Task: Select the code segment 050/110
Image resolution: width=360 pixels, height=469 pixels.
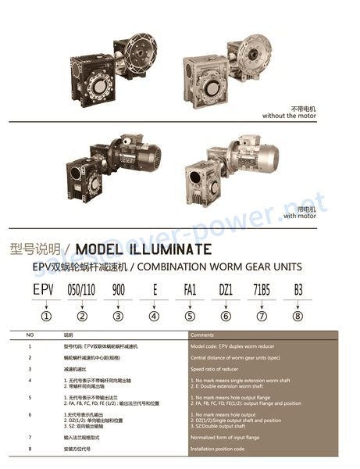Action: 82,289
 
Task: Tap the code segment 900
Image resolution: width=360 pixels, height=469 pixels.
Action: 118,289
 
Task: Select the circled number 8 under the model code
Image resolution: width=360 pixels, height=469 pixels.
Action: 297,317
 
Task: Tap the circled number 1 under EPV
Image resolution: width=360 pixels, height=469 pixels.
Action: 46,317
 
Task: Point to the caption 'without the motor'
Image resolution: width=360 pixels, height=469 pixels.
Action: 291,116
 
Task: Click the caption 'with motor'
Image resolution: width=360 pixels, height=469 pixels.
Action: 300,215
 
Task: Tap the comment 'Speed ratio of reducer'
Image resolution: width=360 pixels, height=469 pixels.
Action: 219,368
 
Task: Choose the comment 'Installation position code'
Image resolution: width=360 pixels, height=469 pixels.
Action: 223,449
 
